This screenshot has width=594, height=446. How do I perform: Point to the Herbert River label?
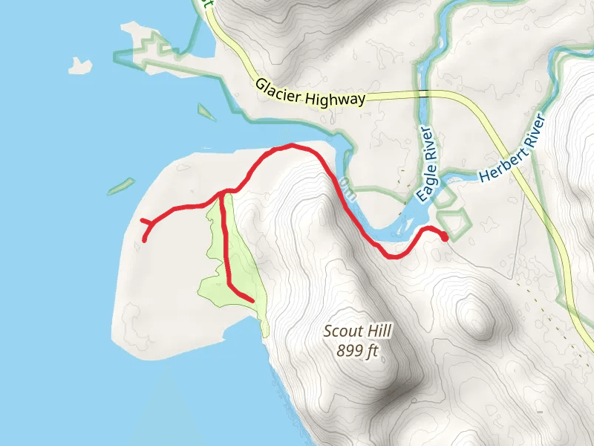coord(512,149)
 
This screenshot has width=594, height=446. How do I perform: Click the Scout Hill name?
coord(357,332)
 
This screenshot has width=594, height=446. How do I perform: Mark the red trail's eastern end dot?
coord(445,238)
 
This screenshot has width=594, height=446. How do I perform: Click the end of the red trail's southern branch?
coord(252,300)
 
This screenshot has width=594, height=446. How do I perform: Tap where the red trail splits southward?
coord(222,195)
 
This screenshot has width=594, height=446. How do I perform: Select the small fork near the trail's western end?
coord(151,223)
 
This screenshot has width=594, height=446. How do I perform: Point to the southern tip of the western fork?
coord(144,240)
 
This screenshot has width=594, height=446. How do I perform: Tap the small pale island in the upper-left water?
coord(79,66)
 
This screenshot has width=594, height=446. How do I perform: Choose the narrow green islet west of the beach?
coord(121,187)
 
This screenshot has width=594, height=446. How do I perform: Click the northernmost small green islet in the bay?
coord(206,112)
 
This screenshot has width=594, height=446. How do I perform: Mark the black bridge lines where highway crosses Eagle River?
coord(424,92)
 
